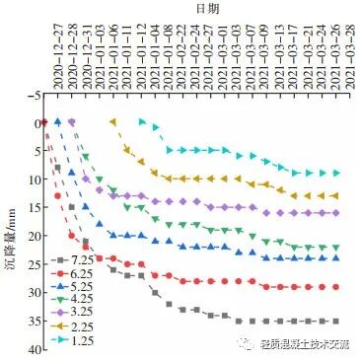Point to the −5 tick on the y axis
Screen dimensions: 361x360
coord(34,95)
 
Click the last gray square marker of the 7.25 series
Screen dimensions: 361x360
coord(335,322)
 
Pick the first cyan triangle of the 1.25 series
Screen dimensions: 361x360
coord(142,122)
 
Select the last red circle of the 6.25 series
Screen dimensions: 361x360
coord(335,287)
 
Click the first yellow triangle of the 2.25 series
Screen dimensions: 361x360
coord(112,122)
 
